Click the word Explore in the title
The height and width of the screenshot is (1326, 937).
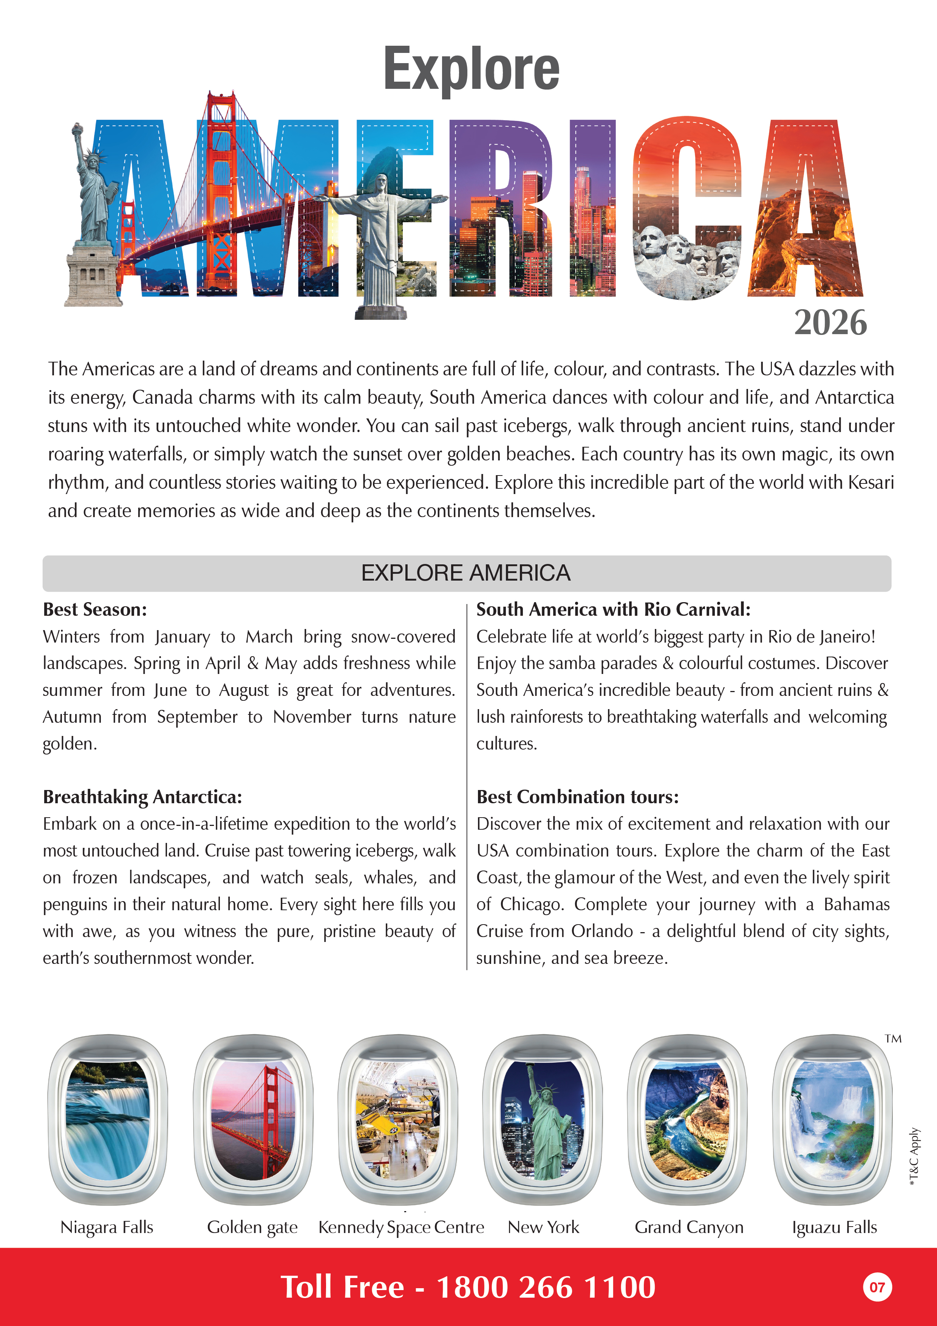pyautogui.click(x=471, y=69)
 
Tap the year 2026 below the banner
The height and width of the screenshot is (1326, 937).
pyautogui.click(x=830, y=322)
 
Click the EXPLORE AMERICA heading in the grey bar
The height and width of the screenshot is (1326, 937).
pyautogui.click(x=466, y=573)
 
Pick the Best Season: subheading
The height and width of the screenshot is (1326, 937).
pyautogui.click(x=95, y=609)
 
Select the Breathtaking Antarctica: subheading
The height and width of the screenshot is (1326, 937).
pyautogui.click(x=142, y=797)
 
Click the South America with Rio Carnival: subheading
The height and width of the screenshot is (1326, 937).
pyautogui.click(x=613, y=609)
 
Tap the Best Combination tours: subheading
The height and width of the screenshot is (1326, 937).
pyautogui.click(x=577, y=797)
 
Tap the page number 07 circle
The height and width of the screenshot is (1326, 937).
pyautogui.click(x=877, y=1287)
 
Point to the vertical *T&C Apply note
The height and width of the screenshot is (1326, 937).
pyautogui.click(x=914, y=1157)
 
